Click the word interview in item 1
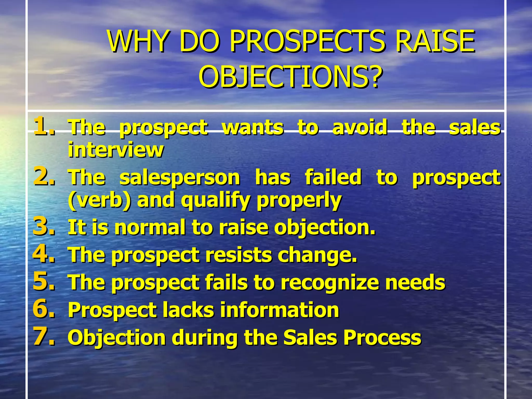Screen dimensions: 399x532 [116, 150]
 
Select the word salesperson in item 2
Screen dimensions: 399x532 [180, 178]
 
